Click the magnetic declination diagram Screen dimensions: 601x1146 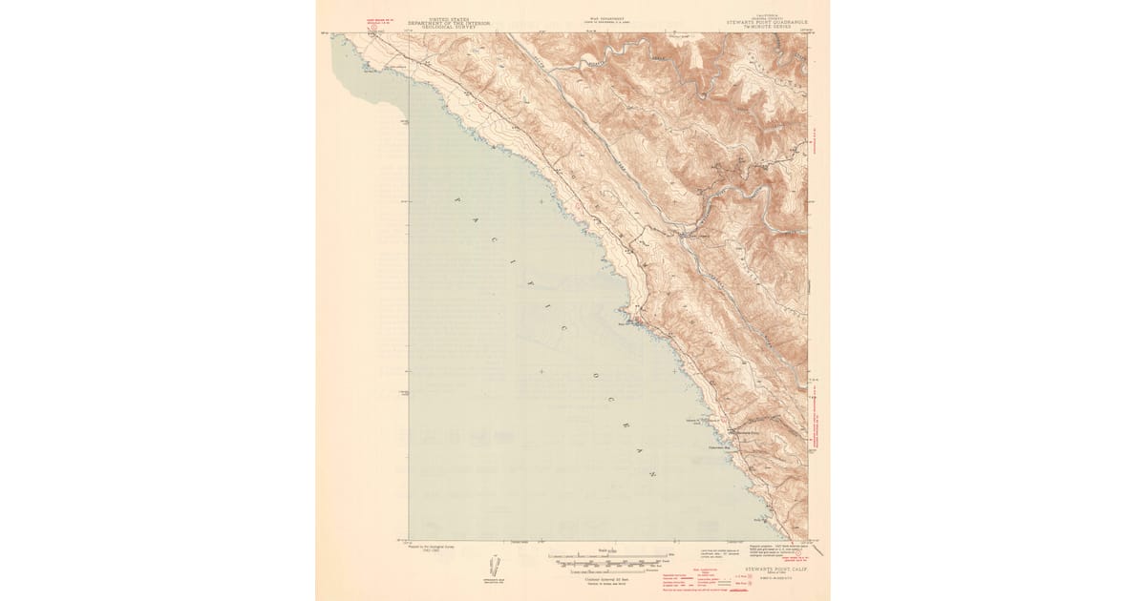(x=495, y=565)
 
